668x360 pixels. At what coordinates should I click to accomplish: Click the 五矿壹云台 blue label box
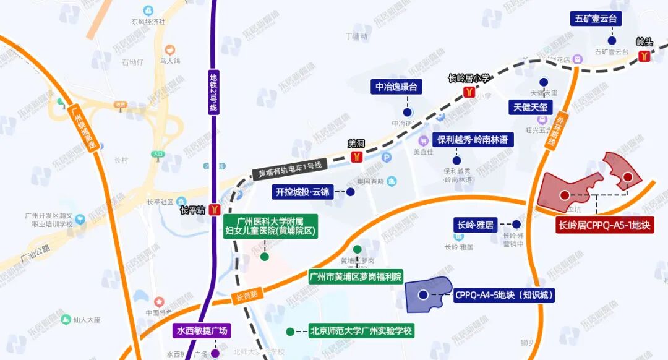pyautogui.click(x=596, y=19)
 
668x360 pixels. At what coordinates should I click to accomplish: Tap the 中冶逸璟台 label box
pyautogui.click(x=396, y=87)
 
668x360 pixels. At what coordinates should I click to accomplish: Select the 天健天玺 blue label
pyautogui.click(x=530, y=107)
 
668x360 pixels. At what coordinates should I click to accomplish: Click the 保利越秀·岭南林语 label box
pyautogui.click(x=473, y=140)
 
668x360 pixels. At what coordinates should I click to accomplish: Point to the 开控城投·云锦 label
pyautogui.click(x=302, y=192)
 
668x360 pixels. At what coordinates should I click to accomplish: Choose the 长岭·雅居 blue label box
pyautogui.click(x=476, y=225)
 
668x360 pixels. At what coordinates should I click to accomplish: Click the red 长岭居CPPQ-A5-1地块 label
pyautogui.click(x=604, y=226)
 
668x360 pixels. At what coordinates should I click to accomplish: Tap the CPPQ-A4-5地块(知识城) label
pyautogui.click(x=503, y=295)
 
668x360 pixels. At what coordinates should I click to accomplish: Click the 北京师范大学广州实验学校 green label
pyautogui.click(x=361, y=330)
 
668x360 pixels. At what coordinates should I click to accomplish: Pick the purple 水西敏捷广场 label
pyautogui.click(x=202, y=331)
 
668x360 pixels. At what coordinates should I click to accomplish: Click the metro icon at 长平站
pyautogui.click(x=213, y=210)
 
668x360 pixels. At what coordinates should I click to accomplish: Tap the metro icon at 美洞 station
pyautogui.click(x=356, y=156)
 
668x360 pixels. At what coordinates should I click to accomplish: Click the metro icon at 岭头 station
pyautogui.click(x=644, y=56)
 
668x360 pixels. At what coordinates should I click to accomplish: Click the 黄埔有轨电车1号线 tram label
pyautogui.click(x=288, y=170)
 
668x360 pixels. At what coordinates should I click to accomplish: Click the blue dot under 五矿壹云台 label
pyautogui.click(x=596, y=38)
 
